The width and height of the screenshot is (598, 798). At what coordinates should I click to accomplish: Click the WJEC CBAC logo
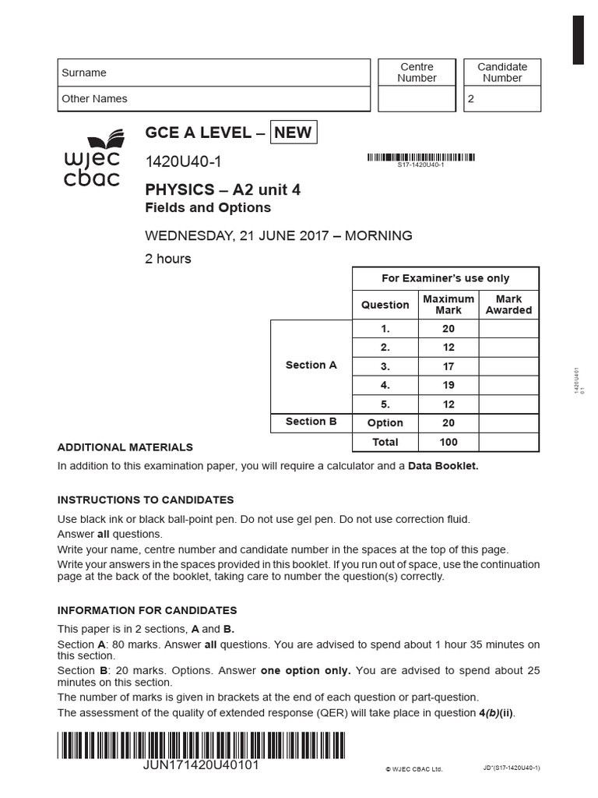[92, 160]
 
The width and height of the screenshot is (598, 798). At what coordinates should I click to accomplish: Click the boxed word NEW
[293, 132]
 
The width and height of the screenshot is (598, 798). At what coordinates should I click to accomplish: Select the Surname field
[214, 72]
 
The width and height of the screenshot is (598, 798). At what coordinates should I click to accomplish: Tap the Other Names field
[214, 99]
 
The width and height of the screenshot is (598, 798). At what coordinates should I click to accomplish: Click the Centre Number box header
[417, 72]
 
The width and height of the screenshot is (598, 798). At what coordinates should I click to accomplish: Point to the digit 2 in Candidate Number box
[470, 100]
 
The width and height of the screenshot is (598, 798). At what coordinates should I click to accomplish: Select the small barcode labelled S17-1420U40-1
[420, 157]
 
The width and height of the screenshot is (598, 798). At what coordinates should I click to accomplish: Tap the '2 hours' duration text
[167, 259]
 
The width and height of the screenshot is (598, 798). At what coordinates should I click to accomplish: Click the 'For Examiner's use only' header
[445, 278]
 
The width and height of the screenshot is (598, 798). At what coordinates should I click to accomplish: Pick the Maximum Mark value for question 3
[448, 366]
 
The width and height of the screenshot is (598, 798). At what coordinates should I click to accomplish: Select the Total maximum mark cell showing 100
[448, 442]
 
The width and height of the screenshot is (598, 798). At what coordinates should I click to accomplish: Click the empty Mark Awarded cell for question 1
[508, 329]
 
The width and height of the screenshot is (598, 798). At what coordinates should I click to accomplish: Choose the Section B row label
[311, 422]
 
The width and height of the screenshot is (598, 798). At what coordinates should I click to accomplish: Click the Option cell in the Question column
[385, 423]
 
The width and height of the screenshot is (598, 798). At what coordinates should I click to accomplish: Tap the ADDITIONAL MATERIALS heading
[125, 447]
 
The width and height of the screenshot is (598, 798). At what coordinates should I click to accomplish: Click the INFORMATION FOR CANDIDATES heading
[147, 610]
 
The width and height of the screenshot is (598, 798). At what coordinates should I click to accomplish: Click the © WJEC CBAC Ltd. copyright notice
[413, 769]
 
